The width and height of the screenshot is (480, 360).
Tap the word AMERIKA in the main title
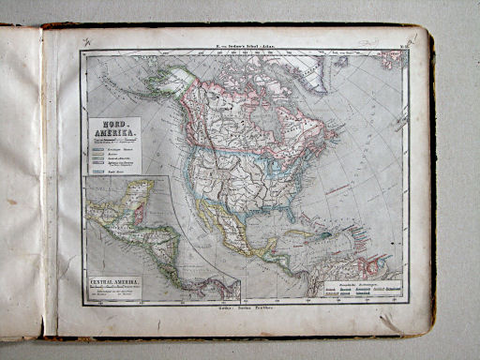[111, 135]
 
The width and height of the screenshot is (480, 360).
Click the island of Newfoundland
[347, 146]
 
